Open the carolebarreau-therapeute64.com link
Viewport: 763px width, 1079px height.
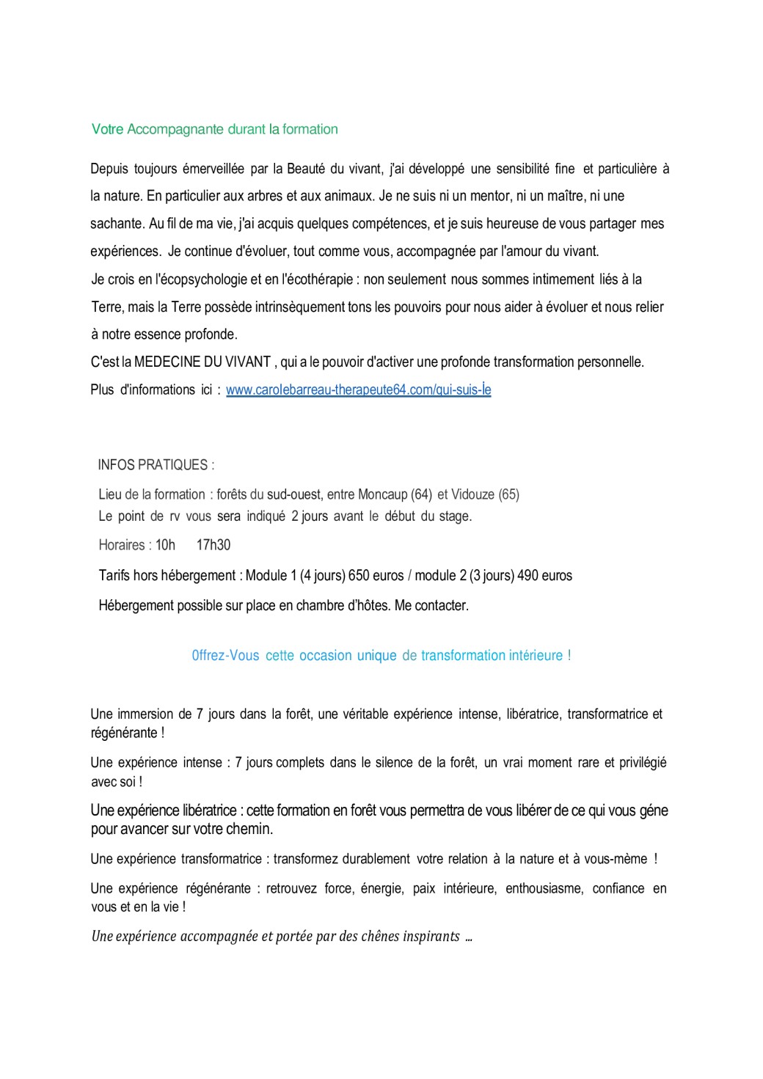coord(358,389)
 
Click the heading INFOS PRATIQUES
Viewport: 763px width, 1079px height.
coord(153,465)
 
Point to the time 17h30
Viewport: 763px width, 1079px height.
coord(213,545)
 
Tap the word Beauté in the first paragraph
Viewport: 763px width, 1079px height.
coord(306,169)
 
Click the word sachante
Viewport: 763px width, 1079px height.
coord(116,224)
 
